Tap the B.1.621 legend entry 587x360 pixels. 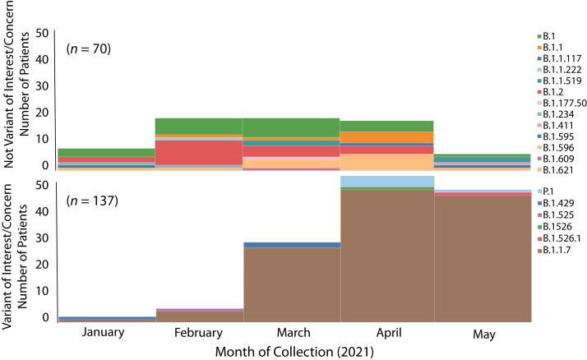(559, 169)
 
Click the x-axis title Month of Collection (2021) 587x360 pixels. (293, 351)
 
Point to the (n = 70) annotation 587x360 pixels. (88, 48)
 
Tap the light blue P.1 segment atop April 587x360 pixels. (388, 181)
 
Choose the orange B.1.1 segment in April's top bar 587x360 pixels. (388, 136)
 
